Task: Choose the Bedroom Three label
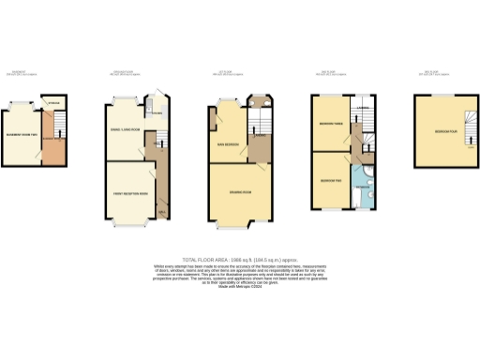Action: coord(329,125)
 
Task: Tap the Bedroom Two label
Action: coord(329,179)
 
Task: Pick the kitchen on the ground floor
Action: coord(157,112)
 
